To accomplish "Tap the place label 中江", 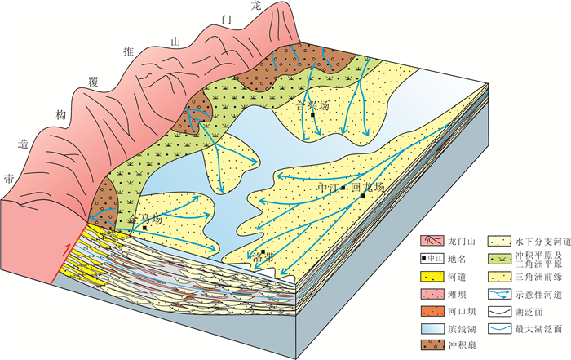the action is coord(329,188).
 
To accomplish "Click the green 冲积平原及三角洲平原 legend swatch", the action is coord(499,260).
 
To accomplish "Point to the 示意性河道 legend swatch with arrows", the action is coord(499,294).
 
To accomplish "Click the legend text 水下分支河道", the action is coord(539,242).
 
